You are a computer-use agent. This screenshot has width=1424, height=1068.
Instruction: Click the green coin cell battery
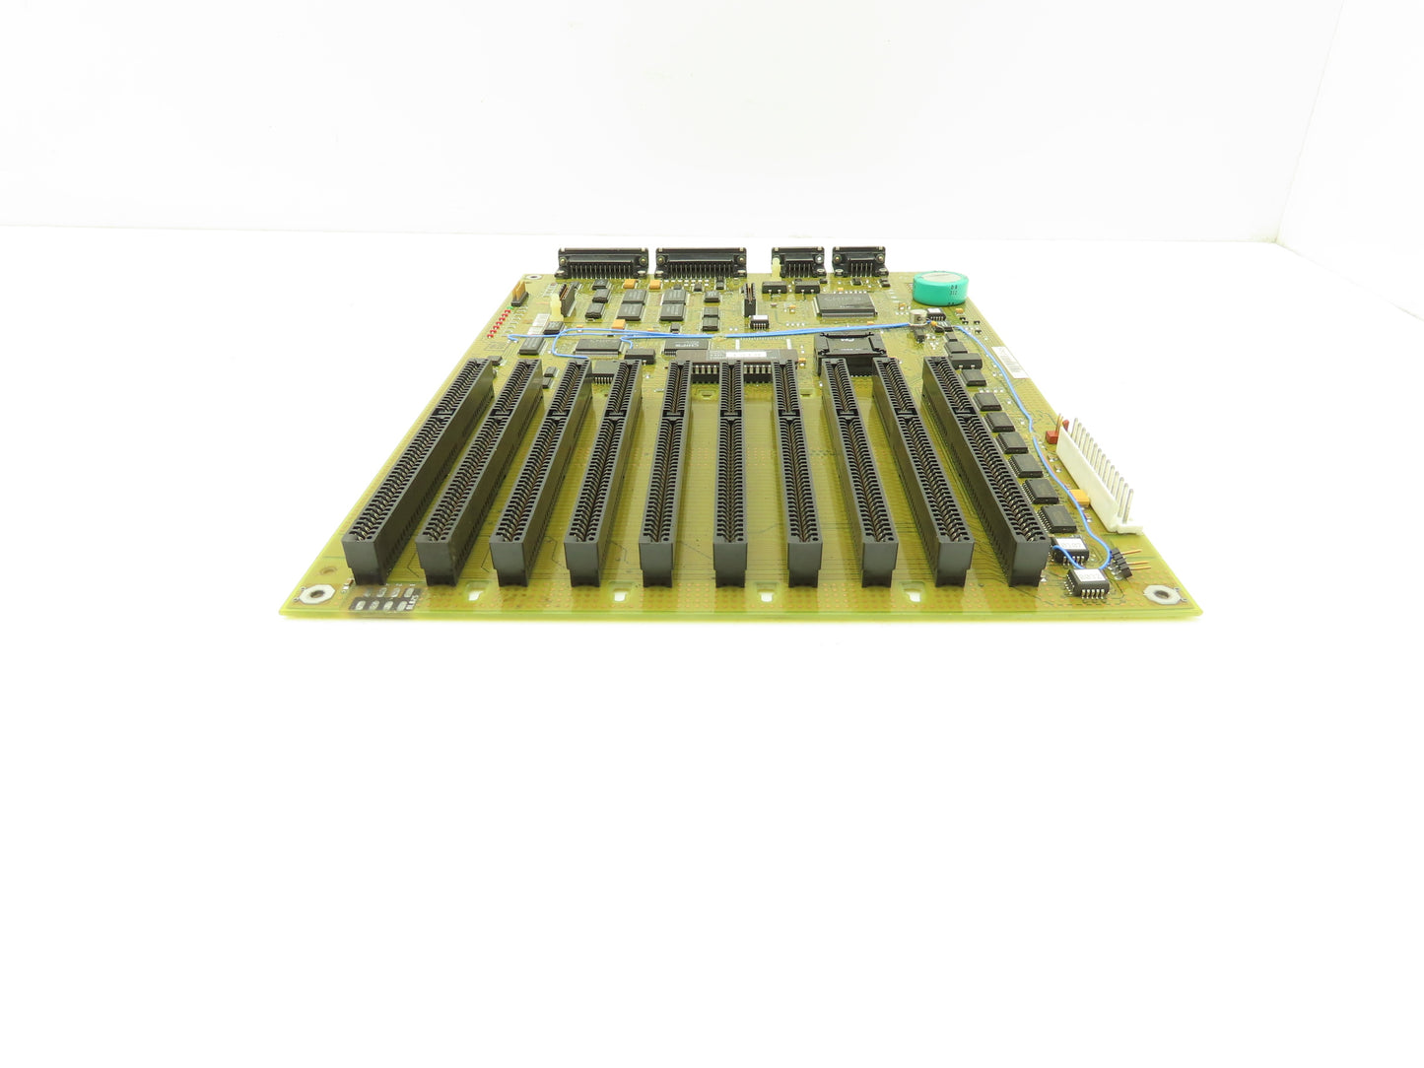[x=937, y=288]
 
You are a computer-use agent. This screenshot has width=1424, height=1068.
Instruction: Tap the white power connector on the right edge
[x=1103, y=472]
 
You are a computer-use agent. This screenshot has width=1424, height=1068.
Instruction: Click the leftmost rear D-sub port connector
[x=602, y=261]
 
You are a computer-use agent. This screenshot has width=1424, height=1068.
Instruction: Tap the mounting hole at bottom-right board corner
[x=1164, y=594]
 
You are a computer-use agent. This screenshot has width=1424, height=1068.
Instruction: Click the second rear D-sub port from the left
[x=701, y=262]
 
